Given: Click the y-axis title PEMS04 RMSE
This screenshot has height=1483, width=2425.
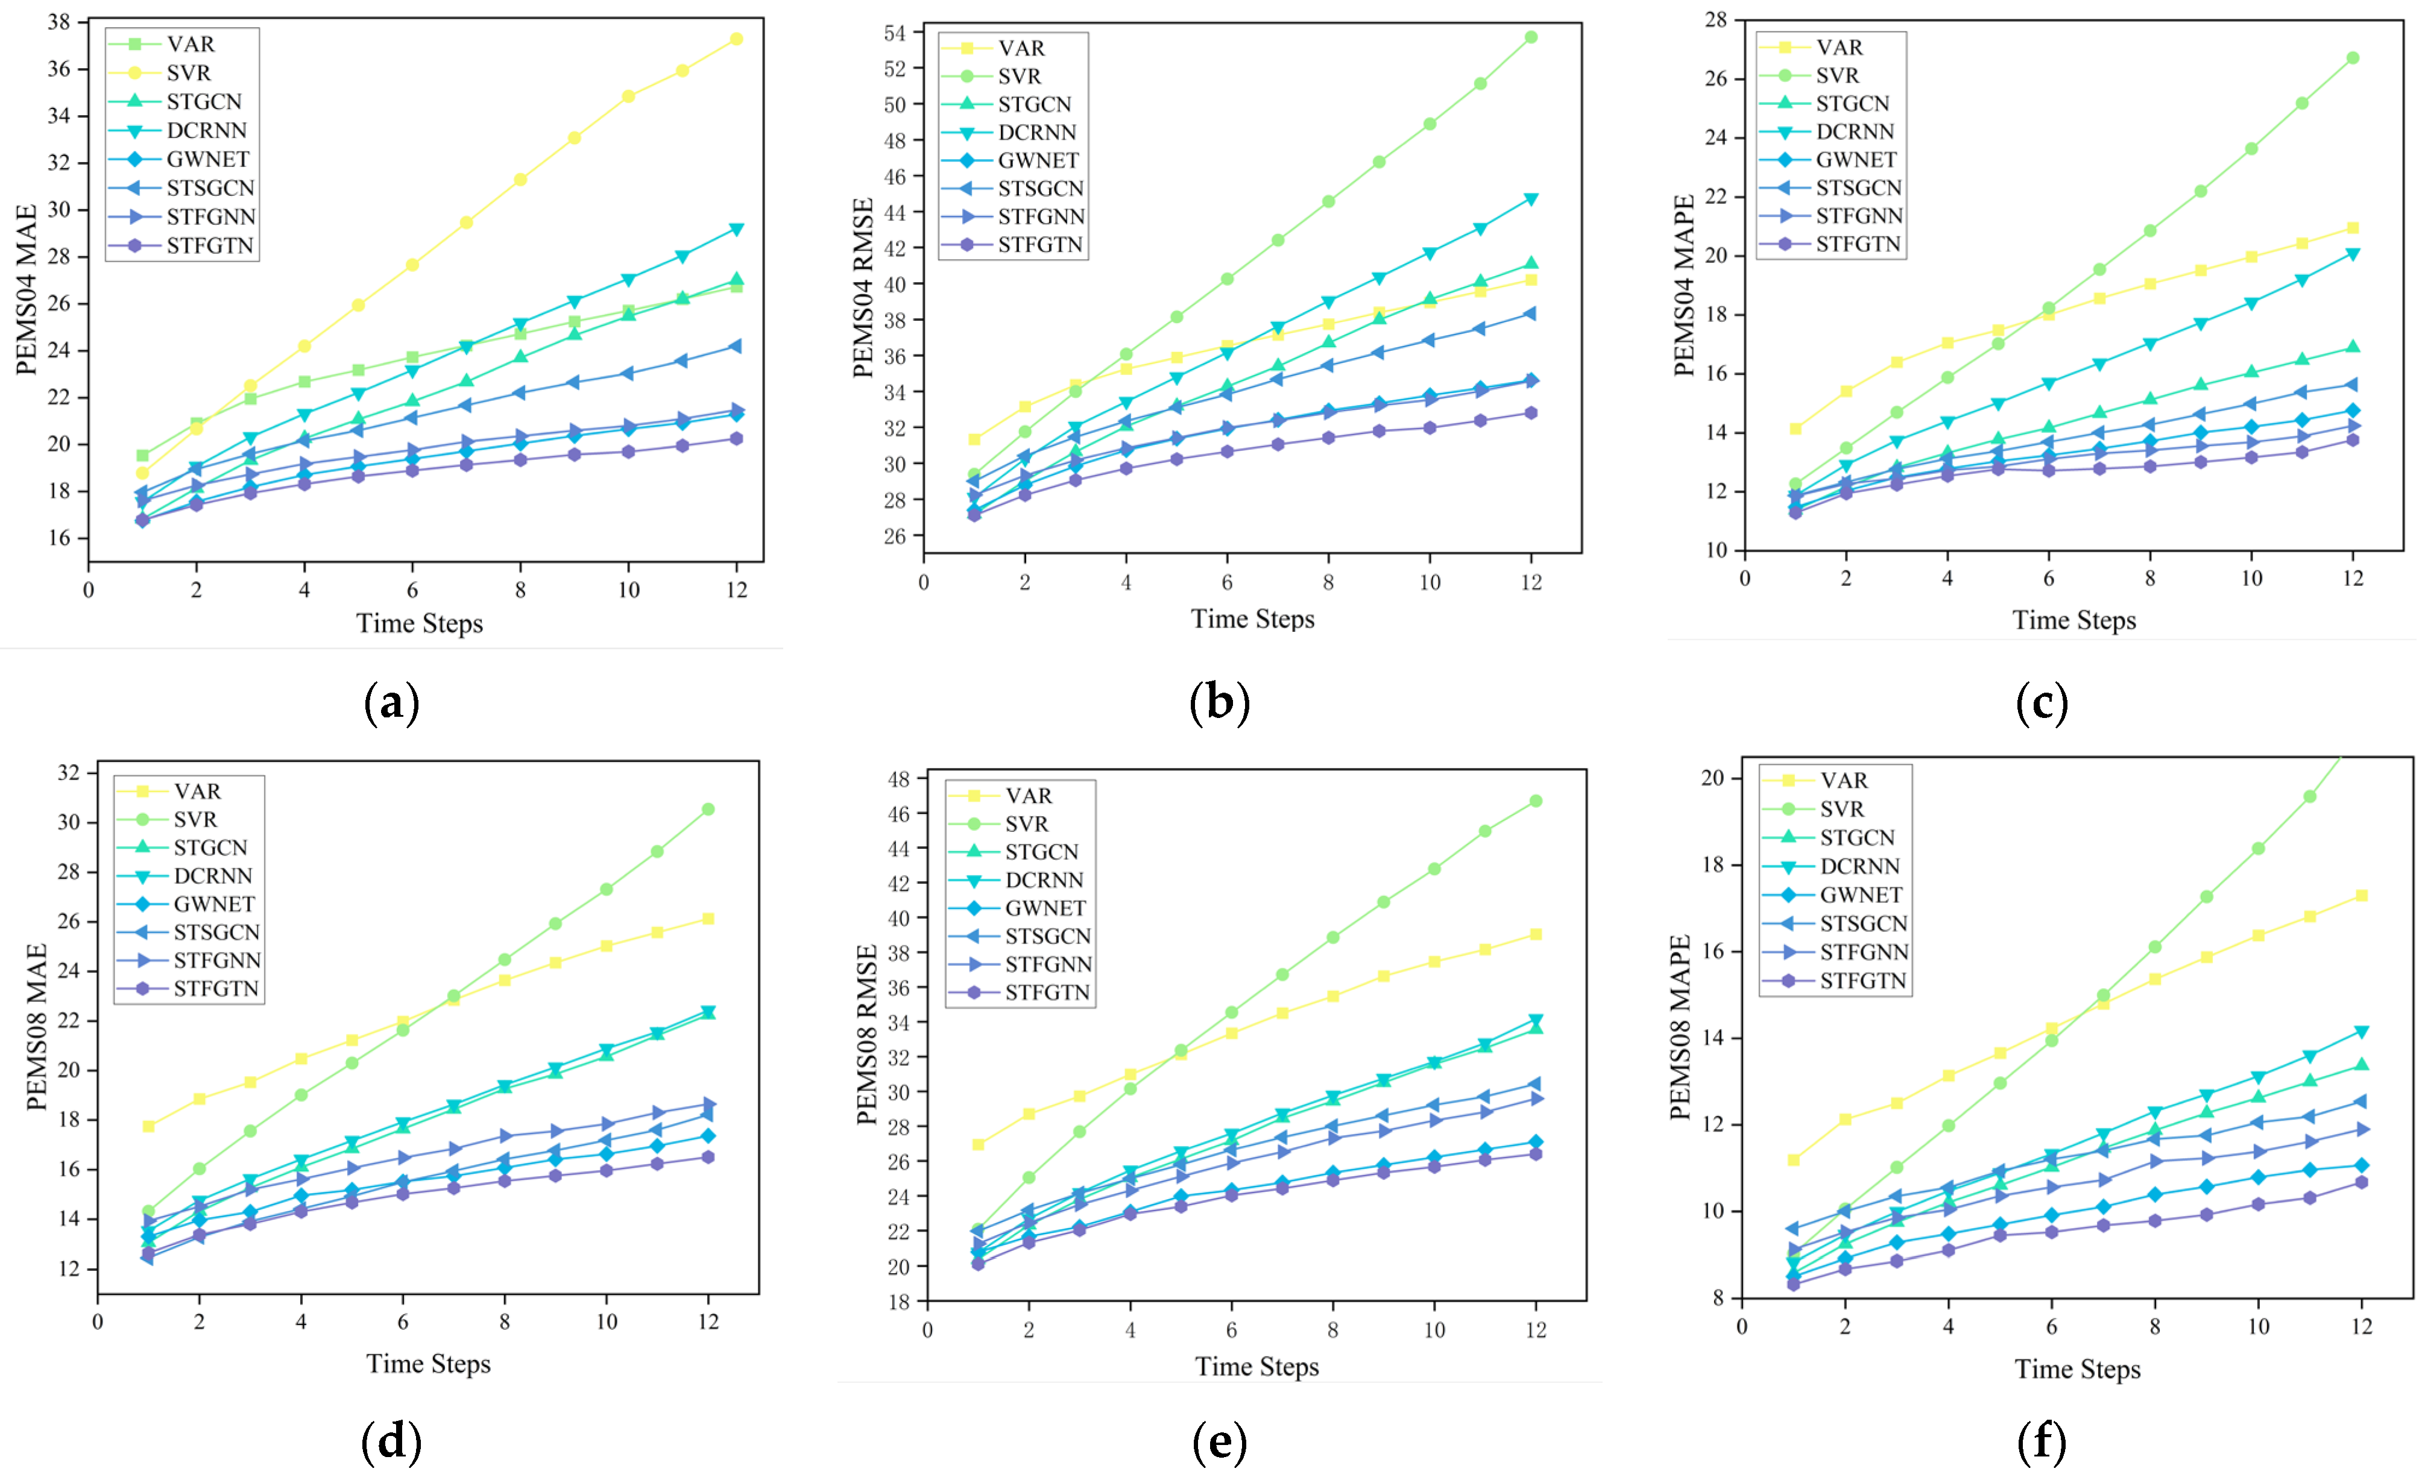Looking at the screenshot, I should (863, 288).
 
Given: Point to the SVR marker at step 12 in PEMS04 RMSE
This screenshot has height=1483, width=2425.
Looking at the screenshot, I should (1530, 37).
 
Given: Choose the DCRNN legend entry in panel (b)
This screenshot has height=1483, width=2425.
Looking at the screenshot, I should (1036, 133).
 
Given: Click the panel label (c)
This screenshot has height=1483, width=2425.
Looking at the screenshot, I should (2041, 704).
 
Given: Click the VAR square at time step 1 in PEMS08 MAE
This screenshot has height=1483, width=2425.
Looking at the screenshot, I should (148, 1126).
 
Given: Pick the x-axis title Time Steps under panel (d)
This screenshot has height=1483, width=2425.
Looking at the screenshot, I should (428, 1364).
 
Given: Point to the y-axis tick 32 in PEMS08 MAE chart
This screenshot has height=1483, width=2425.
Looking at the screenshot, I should (69, 772).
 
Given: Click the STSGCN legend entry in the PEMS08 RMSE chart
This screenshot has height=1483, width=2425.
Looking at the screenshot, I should (1047, 936).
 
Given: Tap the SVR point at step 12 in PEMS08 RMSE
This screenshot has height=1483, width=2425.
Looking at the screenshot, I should (1535, 801).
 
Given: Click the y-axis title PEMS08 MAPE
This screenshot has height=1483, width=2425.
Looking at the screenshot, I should (1681, 1027).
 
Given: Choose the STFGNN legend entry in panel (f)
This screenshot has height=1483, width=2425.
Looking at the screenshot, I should (1863, 952).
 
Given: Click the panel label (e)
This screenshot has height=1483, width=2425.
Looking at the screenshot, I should (1219, 1443).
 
